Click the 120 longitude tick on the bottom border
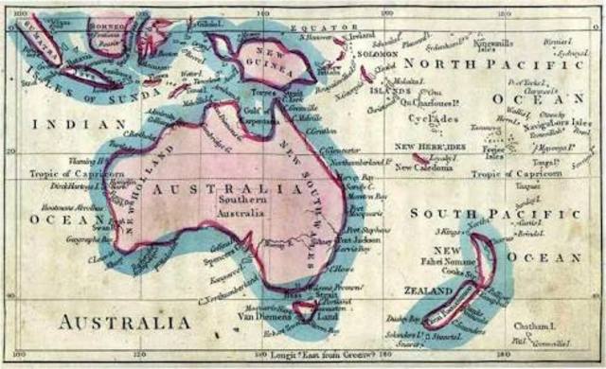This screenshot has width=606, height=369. point(139,356)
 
